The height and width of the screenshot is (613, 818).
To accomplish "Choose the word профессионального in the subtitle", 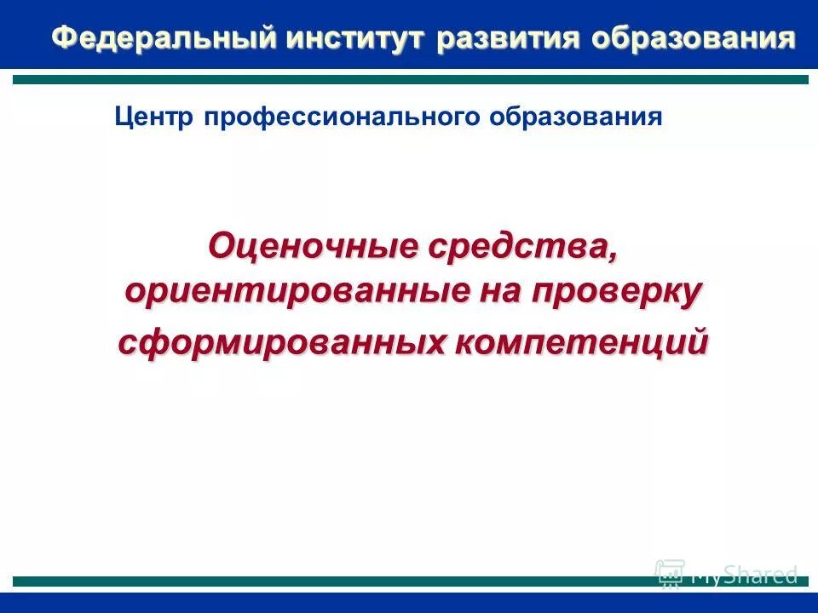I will coord(343,117).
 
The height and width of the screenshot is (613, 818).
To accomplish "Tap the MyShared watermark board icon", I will coord(670,573).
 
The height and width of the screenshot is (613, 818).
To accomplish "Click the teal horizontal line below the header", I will coord(409,79).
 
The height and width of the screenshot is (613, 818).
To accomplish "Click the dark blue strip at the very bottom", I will coord(409,603).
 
